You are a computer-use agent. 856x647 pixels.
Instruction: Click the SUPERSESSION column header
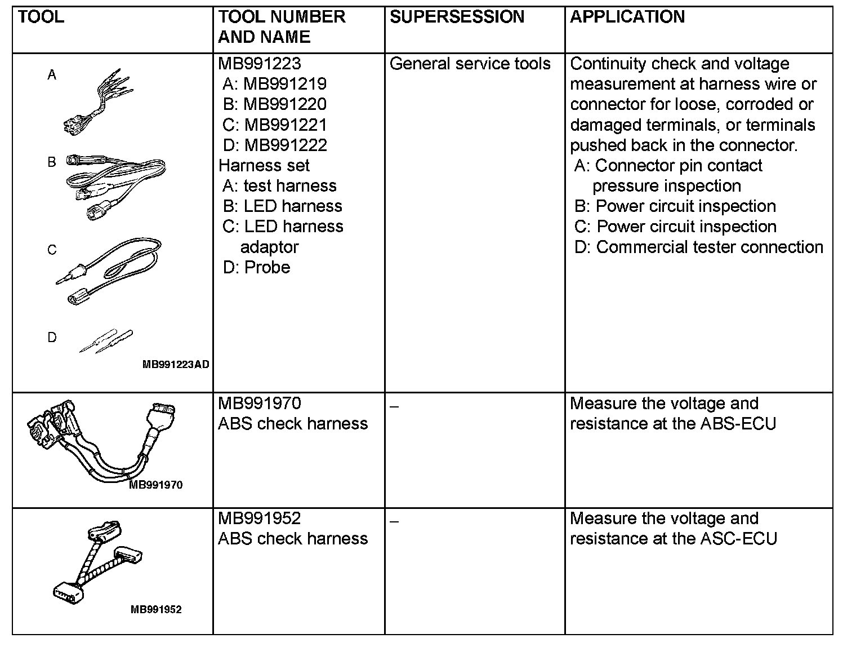click(457, 17)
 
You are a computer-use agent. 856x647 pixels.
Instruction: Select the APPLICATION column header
click(627, 17)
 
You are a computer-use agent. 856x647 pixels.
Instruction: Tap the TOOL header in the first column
click(41, 17)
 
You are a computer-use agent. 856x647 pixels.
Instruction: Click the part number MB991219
click(285, 84)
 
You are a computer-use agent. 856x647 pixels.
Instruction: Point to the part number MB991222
click(286, 145)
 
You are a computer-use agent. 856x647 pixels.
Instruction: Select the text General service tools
click(470, 64)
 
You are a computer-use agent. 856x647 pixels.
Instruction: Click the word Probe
click(267, 267)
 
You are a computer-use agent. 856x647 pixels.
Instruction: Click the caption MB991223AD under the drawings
click(176, 365)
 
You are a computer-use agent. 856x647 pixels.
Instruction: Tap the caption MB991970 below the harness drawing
click(156, 485)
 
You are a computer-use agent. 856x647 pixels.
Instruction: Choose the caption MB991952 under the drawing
click(156, 609)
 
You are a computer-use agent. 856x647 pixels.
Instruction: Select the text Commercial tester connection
click(710, 247)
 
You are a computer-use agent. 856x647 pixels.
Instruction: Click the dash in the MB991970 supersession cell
click(394, 407)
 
